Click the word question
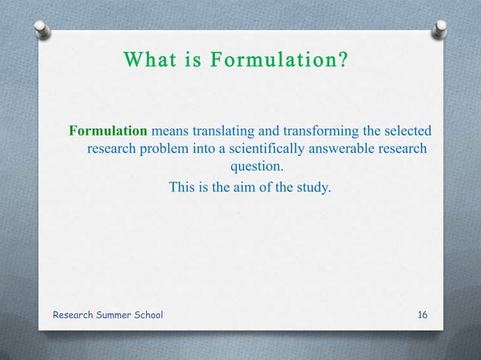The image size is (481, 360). [256, 166]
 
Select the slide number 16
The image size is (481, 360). [422, 314]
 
